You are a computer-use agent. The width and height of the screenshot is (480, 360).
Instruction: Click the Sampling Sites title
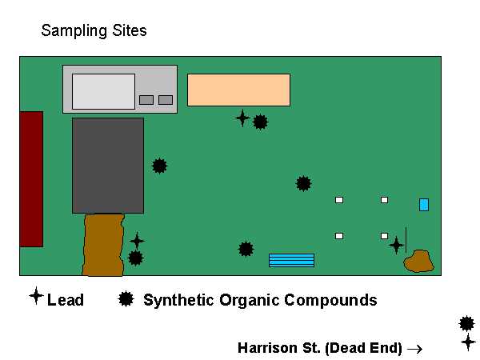[94, 32]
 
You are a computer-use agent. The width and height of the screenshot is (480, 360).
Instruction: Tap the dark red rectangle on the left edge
[31, 178]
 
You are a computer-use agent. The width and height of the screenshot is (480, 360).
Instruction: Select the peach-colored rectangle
[238, 90]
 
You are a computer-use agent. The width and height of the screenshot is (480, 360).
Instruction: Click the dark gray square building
[108, 166]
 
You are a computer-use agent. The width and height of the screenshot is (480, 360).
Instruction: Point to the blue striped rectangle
[291, 260]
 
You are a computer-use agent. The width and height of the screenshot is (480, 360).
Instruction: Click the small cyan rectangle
[424, 205]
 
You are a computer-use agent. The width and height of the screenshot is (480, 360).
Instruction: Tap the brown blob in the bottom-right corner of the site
[418, 261]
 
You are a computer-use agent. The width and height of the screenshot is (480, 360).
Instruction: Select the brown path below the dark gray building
[103, 244]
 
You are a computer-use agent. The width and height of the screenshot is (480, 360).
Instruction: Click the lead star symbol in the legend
[36, 296]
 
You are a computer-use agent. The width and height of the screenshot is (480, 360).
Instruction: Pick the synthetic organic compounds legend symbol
[126, 299]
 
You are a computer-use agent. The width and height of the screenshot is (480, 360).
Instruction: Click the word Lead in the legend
[66, 301]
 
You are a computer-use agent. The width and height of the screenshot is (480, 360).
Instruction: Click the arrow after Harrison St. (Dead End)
[414, 349]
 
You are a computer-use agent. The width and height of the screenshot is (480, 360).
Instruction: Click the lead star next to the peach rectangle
[242, 118]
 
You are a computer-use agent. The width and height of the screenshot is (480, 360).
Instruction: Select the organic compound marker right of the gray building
[160, 166]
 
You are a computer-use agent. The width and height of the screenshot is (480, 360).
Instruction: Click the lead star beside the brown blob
[396, 245]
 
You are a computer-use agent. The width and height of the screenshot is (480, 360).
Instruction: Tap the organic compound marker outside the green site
[467, 324]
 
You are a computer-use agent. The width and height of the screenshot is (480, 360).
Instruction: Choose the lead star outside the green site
[468, 342]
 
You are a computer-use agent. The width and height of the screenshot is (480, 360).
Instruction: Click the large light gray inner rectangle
[103, 91]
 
